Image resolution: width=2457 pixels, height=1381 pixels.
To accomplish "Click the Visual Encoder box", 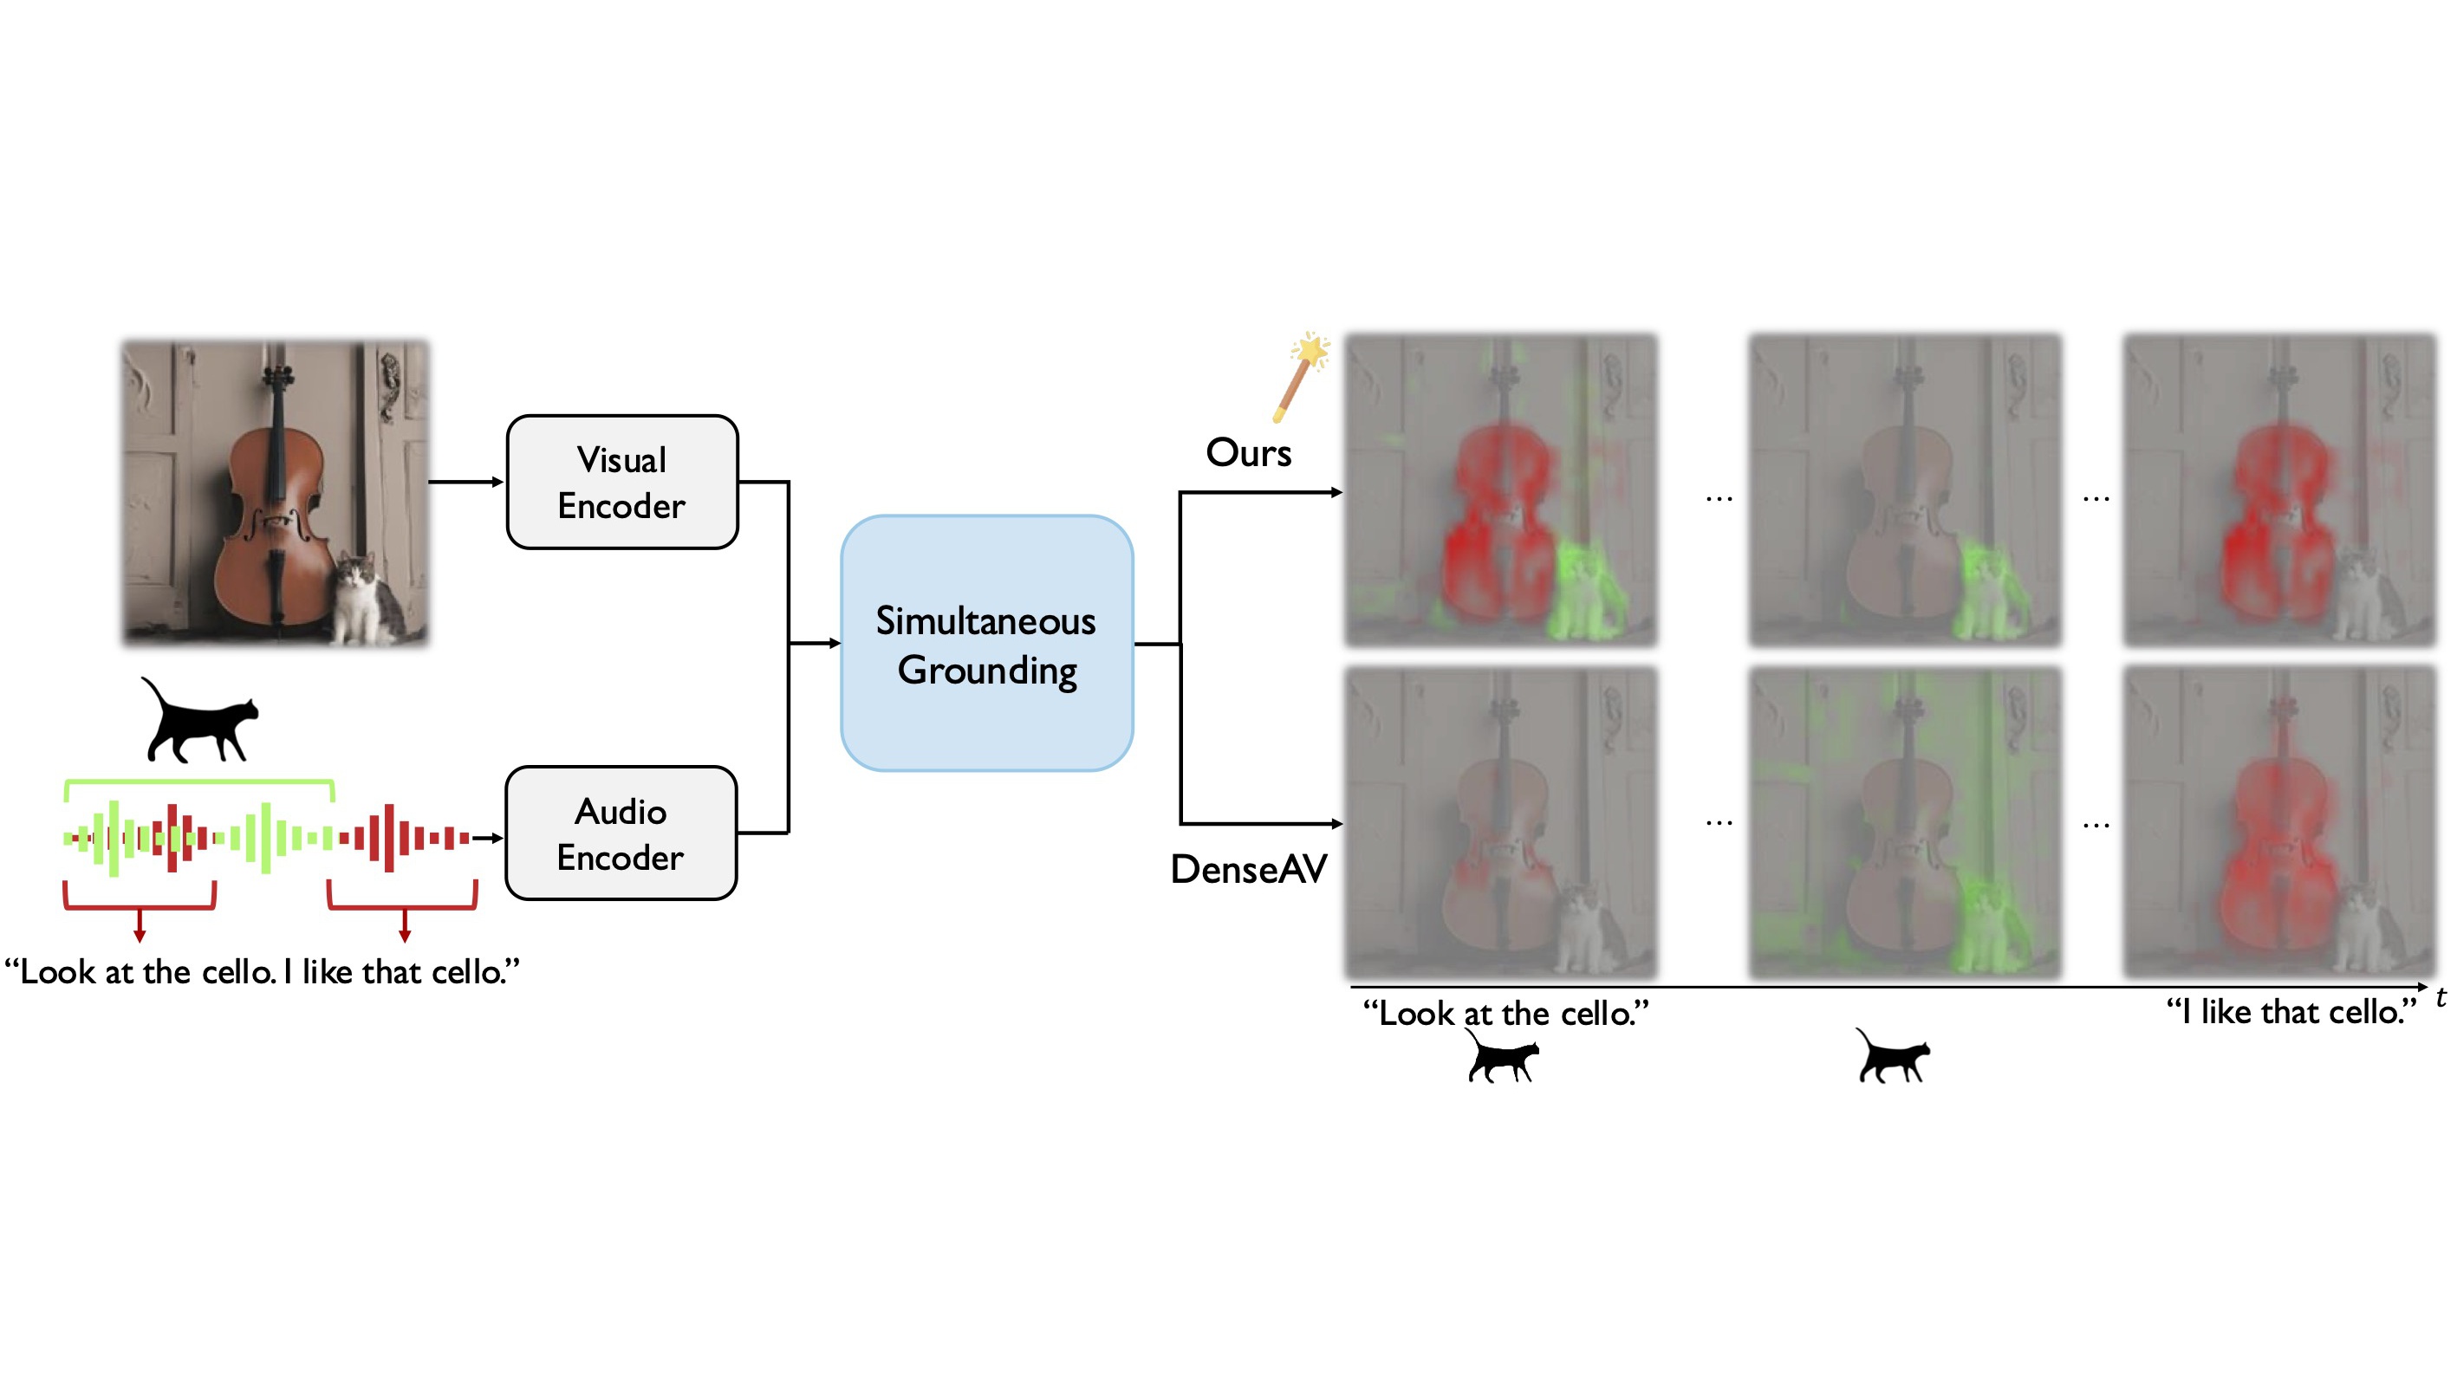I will [x=622, y=482].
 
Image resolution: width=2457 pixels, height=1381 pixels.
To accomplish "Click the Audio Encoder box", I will [x=621, y=833].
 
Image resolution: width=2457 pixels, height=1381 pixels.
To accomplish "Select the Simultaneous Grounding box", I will [x=986, y=644].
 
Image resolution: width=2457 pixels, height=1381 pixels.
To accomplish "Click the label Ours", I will [x=1248, y=453].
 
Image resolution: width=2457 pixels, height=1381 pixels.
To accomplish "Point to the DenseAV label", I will [x=1248, y=869].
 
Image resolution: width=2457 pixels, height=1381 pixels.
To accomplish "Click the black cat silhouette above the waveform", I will [x=200, y=722].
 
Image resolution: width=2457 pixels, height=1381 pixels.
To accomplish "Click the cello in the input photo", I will [x=275, y=515].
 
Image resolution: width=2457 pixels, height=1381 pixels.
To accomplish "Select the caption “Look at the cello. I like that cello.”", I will [x=263, y=972].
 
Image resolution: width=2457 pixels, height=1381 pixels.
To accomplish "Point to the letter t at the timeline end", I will [x=2440, y=997].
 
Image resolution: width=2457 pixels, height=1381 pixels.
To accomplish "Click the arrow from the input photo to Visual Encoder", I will [x=465, y=482].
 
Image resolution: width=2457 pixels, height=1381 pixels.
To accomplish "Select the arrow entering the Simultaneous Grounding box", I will [x=816, y=644].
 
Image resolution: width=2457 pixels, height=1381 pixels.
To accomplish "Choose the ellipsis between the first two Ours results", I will [x=1719, y=498].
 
